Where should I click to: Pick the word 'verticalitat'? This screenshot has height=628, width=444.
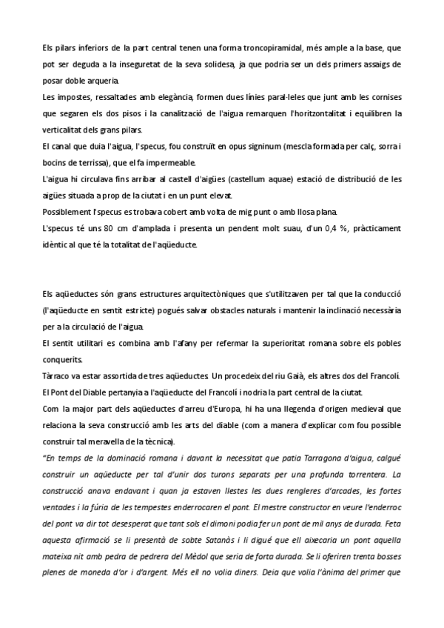65,129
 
